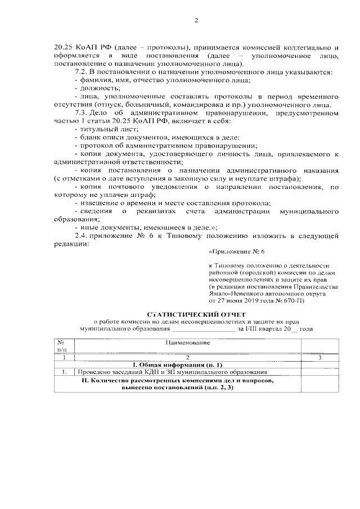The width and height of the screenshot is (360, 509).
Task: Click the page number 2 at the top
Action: [196, 21]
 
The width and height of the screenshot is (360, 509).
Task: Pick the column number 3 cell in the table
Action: [319, 357]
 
